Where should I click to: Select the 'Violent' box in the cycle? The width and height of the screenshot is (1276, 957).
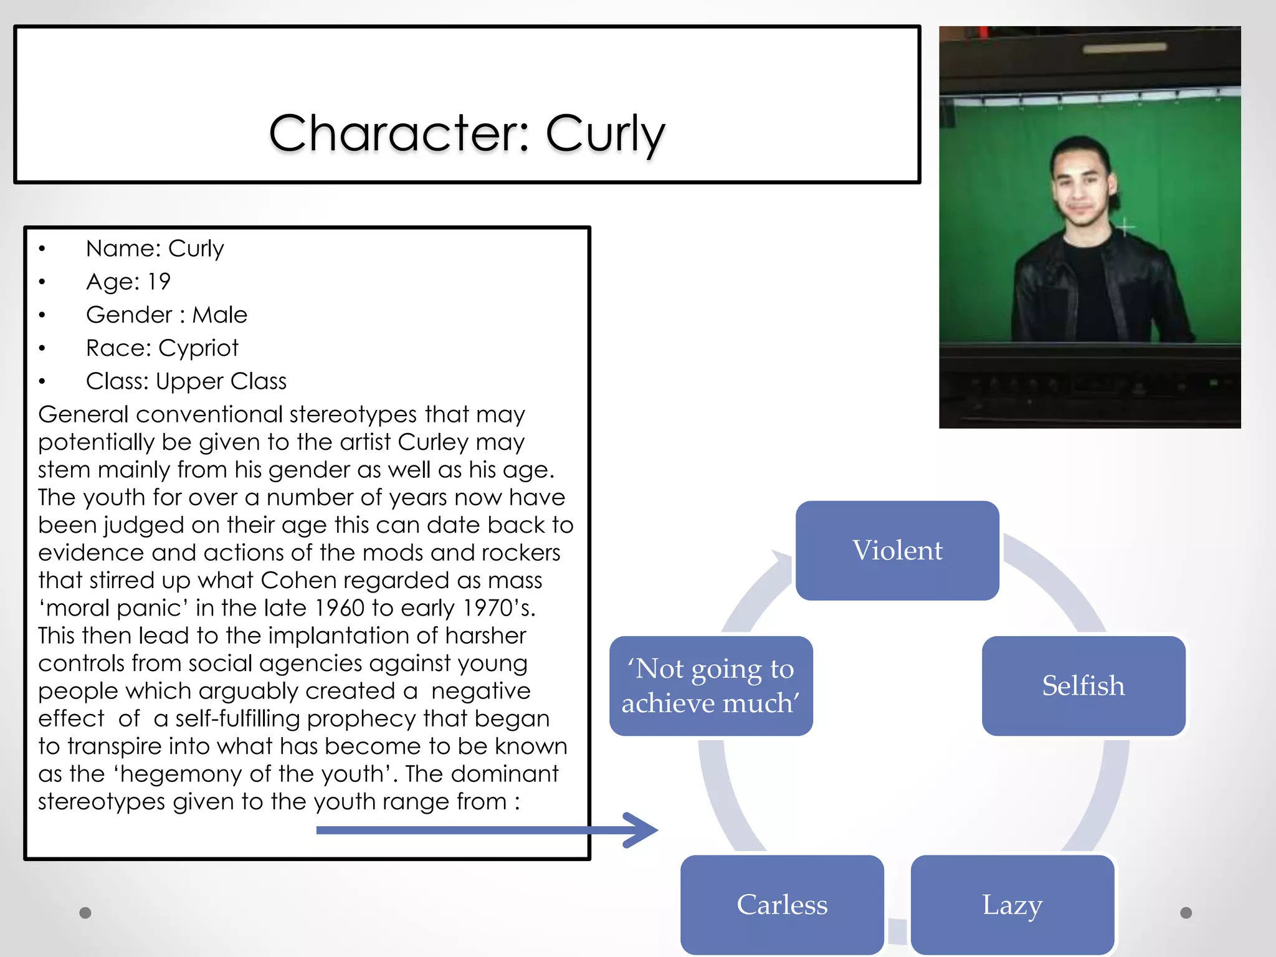(x=897, y=551)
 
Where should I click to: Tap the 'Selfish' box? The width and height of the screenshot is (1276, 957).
(x=1083, y=686)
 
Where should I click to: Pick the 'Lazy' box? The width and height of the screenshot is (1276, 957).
(x=1012, y=905)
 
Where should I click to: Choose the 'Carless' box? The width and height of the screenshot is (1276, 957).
(x=782, y=905)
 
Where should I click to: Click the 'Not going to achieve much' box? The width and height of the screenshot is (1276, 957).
(x=711, y=686)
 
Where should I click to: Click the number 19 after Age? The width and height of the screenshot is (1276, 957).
(x=159, y=282)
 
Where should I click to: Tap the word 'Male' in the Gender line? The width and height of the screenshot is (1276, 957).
(x=219, y=315)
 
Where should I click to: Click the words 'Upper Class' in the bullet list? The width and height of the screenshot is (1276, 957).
(x=221, y=381)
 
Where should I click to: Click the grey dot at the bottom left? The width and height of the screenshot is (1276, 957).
(x=85, y=913)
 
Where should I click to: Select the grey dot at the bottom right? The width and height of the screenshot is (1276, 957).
(x=1186, y=913)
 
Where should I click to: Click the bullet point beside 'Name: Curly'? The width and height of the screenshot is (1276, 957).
(x=42, y=249)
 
